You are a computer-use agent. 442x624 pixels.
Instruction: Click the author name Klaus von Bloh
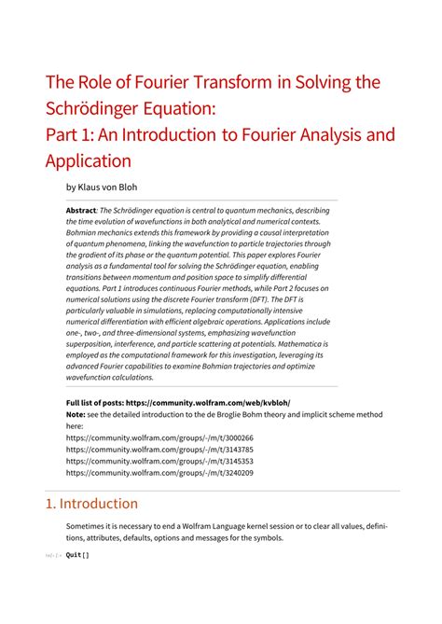(x=113, y=186)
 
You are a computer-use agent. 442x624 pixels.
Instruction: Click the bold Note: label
(x=76, y=413)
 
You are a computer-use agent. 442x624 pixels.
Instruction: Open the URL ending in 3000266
(x=159, y=437)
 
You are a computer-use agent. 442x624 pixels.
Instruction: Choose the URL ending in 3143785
(x=159, y=449)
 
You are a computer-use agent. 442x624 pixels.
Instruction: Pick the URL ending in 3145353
(x=159, y=461)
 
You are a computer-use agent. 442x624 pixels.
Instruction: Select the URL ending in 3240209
(x=159, y=473)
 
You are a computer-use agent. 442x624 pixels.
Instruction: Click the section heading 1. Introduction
(x=91, y=504)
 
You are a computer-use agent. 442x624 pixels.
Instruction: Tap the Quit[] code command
(x=77, y=556)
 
